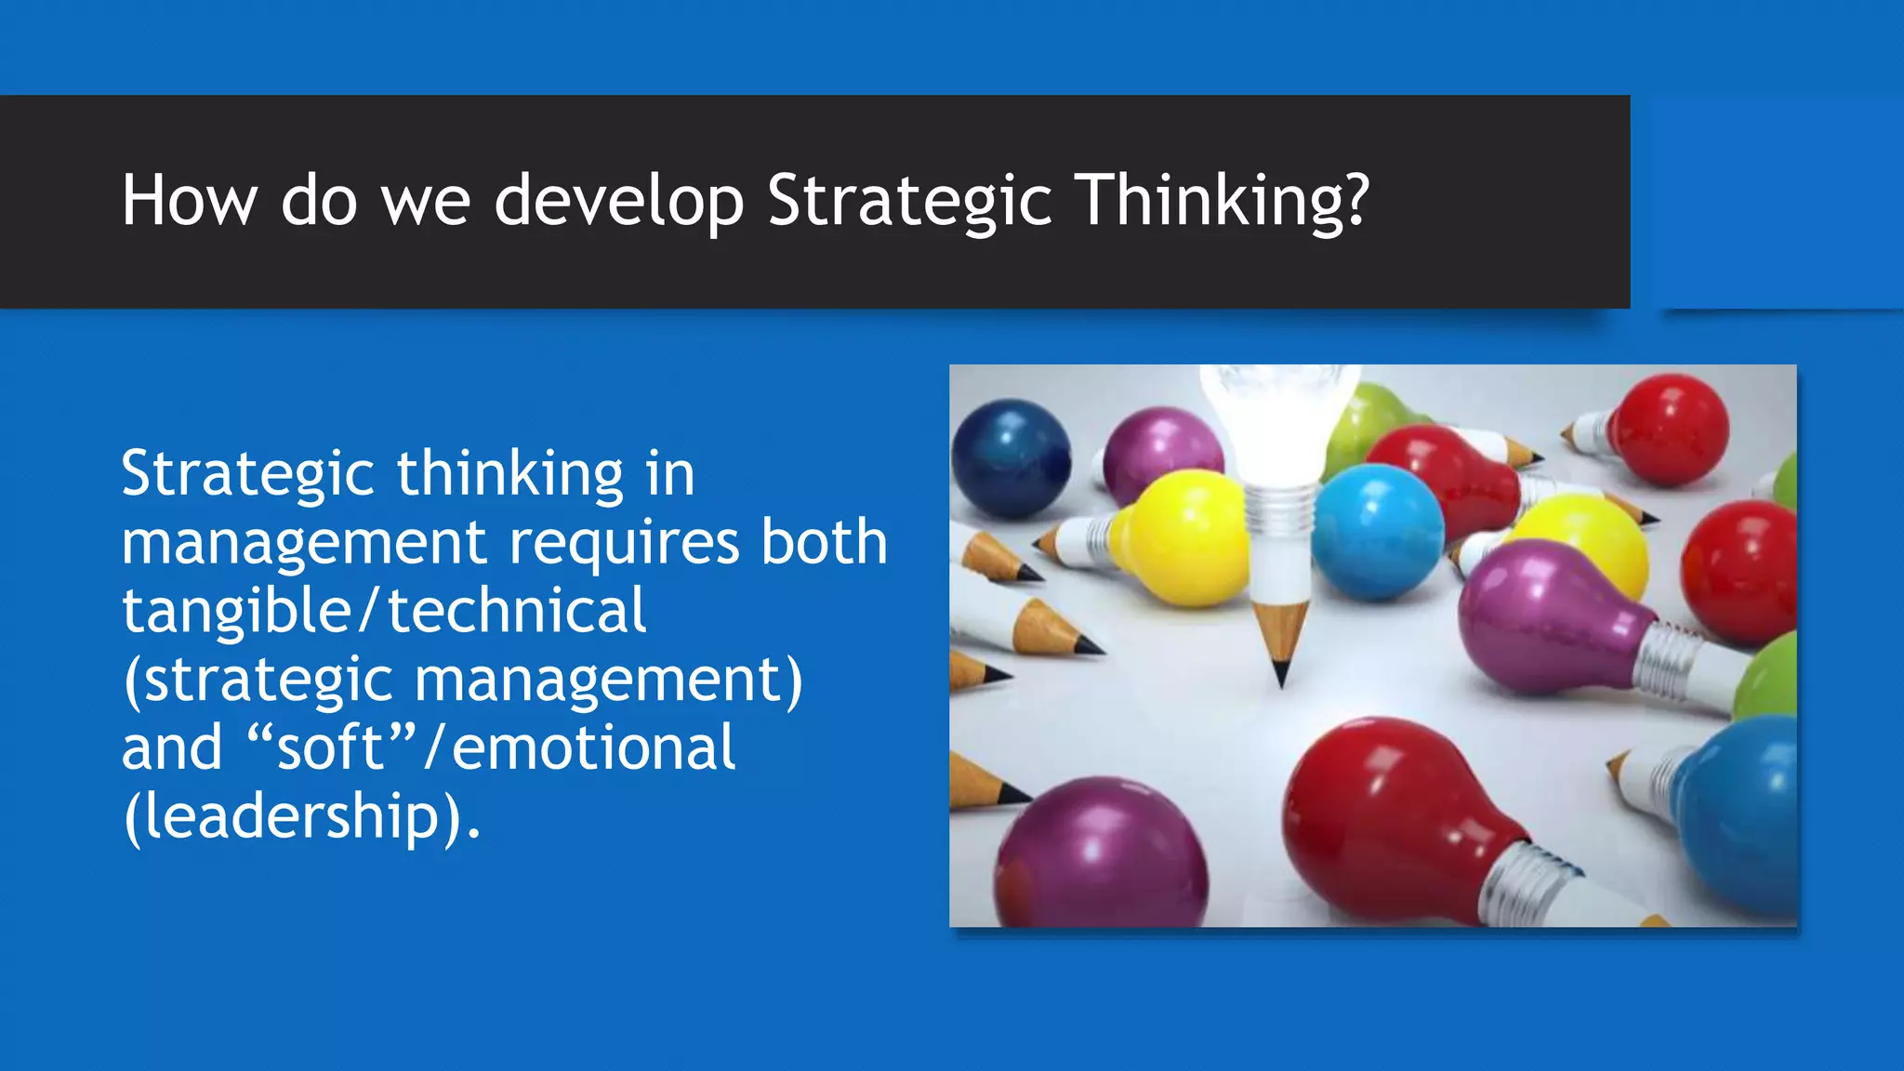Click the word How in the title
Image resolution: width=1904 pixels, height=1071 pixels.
[x=190, y=200]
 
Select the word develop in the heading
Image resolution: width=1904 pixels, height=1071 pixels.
[x=618, y=202]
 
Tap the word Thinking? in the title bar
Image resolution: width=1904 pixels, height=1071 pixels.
[x=1223, y=202]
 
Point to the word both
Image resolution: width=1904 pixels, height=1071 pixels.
[x=824, y=542]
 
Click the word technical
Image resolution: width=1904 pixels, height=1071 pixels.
[x=516, y=611]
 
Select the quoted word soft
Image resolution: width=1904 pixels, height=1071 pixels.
[x=331, y=747]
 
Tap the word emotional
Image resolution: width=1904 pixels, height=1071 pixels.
[x=593, y=747]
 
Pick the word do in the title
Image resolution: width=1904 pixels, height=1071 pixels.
[x=319, y=202]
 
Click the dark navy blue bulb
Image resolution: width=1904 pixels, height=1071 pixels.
[x=1011, y=457]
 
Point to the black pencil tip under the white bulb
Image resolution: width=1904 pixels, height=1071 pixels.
[x=1281, y=672]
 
